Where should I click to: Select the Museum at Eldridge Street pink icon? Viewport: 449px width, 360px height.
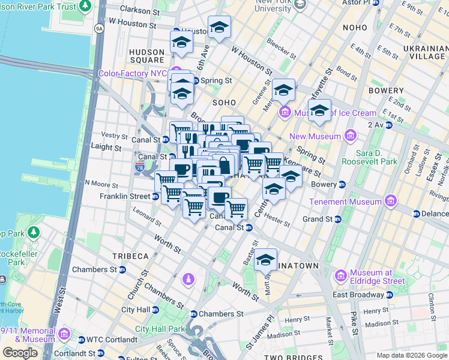(341, 275)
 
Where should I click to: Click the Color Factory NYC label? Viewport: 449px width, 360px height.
(133, 73)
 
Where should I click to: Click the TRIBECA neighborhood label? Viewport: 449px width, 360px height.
(130, 256)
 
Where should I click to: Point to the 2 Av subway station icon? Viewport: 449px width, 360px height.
(389, 125)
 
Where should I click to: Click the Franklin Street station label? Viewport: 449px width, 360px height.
(125, 196)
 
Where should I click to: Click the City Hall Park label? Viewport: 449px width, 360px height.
(160, 329)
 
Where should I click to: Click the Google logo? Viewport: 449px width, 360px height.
(20, 353)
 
